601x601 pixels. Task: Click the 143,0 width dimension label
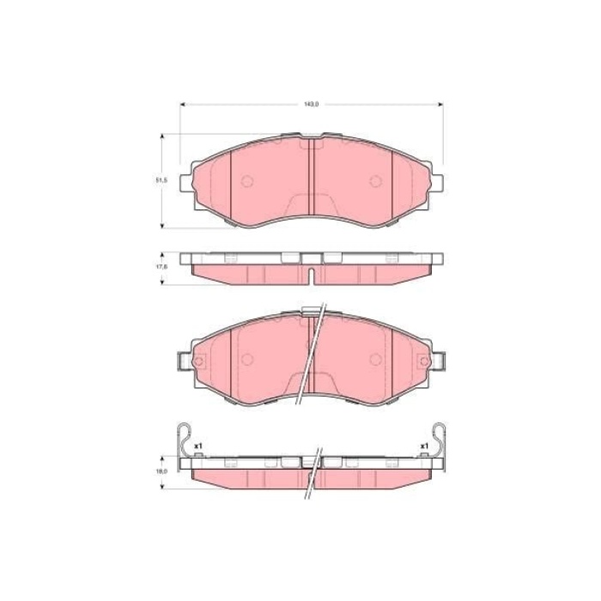coord(312,104)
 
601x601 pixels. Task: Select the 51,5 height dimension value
coord(161,180)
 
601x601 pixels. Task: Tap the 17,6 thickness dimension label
coord(161,266)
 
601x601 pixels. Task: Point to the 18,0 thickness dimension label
coord(161,471)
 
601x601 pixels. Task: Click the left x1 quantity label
coord(198,446)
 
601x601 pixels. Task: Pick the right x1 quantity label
coord(424,446)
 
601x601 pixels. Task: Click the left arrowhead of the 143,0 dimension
coord(182,104)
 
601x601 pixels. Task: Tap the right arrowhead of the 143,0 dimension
coord(440,104)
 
